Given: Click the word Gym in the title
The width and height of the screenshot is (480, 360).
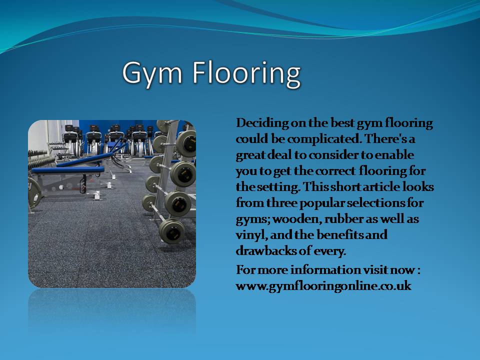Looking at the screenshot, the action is point(152,74).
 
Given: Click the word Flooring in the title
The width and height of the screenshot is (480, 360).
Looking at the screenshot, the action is point(246,73).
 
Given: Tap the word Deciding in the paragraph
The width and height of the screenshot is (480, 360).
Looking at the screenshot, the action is point(262,123).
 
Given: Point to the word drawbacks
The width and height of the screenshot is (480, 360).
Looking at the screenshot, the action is point(265,250).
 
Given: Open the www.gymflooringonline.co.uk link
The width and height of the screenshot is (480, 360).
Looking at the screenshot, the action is point(323,286).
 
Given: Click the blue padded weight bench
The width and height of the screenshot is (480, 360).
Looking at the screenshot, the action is point(68,169).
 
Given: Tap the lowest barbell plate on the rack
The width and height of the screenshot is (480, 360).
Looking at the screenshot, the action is point(171,231).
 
